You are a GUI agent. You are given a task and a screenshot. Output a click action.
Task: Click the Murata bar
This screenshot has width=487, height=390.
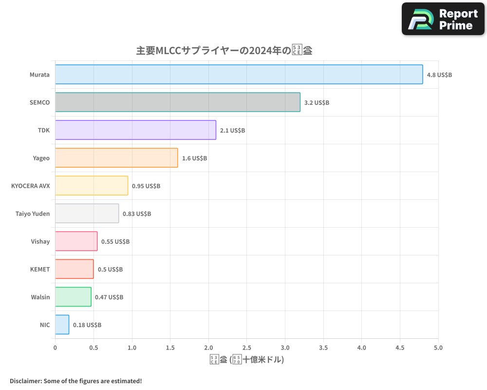tap(239, 75)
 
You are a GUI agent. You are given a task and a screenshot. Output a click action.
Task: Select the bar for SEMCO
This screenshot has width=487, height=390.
tap(177, 102)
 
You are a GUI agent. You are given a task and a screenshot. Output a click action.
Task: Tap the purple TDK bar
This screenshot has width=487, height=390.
tap(135, 130)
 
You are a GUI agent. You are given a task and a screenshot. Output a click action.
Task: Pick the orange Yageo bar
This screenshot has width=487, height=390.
tap(116, 158)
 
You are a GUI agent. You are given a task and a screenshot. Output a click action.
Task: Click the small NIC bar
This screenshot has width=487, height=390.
tap(62, 325)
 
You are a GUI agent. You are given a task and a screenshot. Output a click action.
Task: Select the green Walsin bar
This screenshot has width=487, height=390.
tap(73, 297)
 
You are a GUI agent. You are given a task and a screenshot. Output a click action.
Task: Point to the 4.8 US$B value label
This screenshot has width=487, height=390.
tap(439, 75)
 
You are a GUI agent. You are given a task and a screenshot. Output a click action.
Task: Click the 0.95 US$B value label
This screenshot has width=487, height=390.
tap(146, 186)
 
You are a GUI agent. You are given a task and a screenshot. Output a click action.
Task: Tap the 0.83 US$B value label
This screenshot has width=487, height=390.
tap(137, 214)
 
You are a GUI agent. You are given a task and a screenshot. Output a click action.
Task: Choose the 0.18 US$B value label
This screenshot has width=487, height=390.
tap(87, 325)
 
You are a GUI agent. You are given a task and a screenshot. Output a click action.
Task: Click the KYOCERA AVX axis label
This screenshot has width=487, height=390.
tap(30, 186)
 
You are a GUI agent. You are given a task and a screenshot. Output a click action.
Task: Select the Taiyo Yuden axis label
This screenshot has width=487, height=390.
tap(33, 214)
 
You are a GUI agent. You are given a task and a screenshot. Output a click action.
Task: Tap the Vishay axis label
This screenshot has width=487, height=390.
tap(40, 241)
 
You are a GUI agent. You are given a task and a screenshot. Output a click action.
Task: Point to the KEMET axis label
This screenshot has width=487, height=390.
tap(40, 269)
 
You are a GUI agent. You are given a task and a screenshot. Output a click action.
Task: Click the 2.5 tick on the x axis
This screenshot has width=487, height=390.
tap(246, 347)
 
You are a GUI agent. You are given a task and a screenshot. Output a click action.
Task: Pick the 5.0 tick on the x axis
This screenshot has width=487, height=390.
tap(438, 347)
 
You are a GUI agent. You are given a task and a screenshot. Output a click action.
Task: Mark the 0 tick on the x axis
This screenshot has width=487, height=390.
tap(55, 347)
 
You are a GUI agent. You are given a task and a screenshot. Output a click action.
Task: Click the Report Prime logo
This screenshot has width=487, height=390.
tap(443, 19)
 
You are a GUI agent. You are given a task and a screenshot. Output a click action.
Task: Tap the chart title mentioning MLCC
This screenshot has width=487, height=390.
tap(224, 51)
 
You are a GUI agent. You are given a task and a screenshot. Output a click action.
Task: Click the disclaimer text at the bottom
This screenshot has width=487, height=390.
tap(76, 381)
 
